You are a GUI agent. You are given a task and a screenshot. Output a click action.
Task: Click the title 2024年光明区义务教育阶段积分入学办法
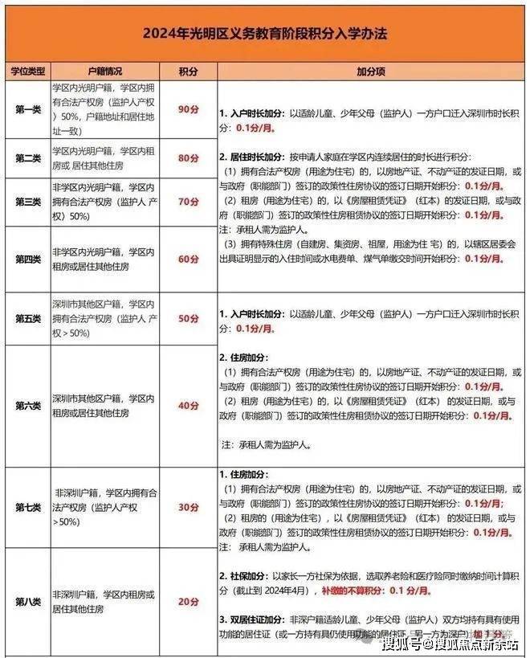[265, 35]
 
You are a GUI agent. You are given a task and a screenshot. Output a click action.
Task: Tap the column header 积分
[188, 72]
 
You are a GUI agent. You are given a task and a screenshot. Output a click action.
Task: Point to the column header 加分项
[370, 72]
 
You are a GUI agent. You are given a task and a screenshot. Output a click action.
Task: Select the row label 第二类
[27, 157]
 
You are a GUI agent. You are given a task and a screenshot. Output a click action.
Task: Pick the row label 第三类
[27, 201]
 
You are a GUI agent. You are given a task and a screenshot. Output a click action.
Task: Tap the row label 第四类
[27, 259]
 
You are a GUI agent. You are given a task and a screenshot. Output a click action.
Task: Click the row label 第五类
[27, 318]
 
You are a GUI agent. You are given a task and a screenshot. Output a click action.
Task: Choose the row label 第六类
[27, 406]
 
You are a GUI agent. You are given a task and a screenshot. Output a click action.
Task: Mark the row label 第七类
[27, 507]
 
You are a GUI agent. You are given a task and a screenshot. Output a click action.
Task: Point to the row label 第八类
[27, 600]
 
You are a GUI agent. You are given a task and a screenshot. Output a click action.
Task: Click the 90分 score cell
[188, 108]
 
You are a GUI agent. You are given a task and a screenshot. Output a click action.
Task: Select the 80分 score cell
[188, 157]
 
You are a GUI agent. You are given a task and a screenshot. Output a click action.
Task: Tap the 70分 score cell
[188, 201]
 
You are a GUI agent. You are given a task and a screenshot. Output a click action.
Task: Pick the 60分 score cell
[188, 259]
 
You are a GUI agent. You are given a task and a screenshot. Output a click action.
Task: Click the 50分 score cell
[188, 318]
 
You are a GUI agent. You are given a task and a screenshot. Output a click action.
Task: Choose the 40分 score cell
[188, 406]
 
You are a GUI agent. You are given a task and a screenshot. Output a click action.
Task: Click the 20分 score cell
[188, 600]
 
